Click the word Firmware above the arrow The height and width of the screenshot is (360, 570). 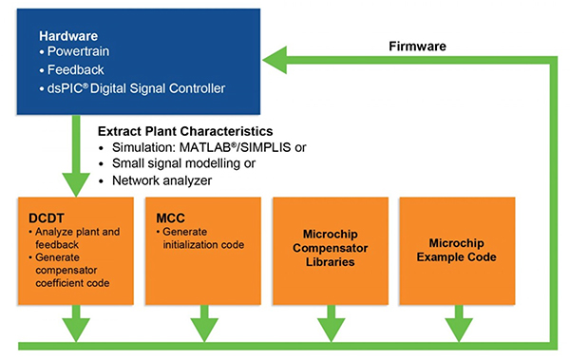click(418, 46)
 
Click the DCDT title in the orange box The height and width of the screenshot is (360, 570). click(45, 217)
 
